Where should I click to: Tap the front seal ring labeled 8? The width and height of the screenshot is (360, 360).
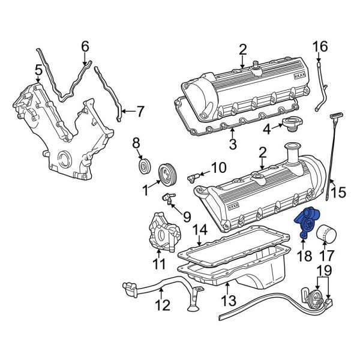(143, 164)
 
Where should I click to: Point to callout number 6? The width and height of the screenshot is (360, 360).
(85, 46)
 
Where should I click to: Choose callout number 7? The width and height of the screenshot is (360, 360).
(141, 111)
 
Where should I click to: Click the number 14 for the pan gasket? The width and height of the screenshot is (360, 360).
(200, 229)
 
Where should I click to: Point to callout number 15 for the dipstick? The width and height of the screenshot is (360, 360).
(339, 193)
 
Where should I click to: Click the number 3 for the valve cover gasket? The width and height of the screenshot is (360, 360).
(233, 143)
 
